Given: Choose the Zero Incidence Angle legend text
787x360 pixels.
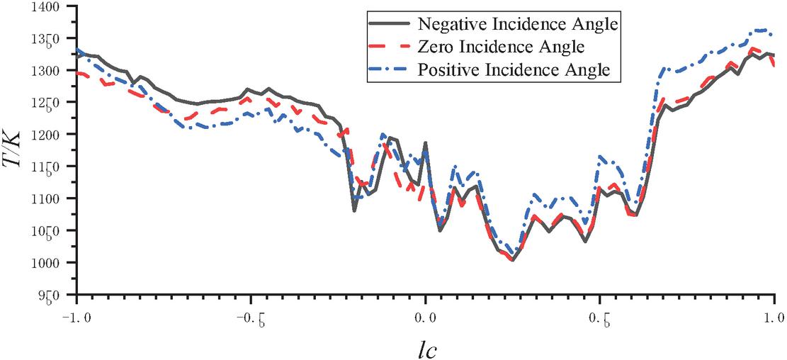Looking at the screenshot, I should pyautogui.click(x=501, y=47).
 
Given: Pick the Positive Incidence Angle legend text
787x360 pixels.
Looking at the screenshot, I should pyautogui.click(x=514, y=70).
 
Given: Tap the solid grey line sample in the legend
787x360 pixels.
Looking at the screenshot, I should pyautogui.click(x=390, y=23).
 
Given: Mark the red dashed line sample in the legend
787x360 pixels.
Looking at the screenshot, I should pyautogui.click(x=390, y=47).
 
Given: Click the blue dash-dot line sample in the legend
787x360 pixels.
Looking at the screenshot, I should pyautogui.click(x=390, y=70).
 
